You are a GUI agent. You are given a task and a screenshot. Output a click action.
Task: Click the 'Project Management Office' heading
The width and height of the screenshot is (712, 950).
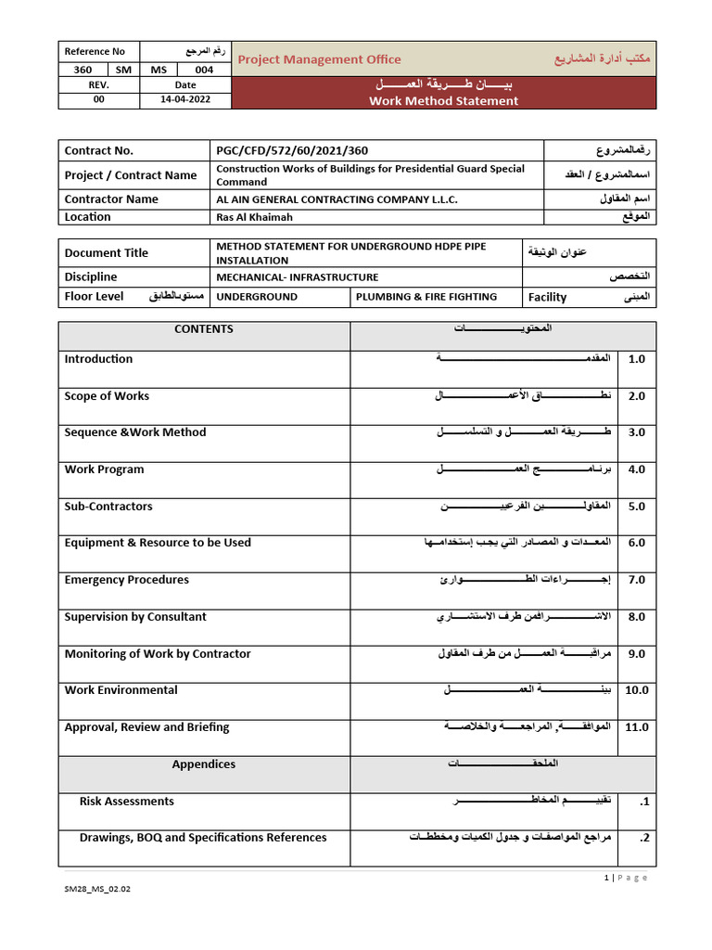coord(320,59)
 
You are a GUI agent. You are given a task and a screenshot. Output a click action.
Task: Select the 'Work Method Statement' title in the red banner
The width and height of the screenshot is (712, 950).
coord(443,101)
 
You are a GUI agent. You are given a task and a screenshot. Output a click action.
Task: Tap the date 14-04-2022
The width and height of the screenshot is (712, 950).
coord(185,100)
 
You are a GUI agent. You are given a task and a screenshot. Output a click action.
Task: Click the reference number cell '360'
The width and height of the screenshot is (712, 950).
coord(83,70)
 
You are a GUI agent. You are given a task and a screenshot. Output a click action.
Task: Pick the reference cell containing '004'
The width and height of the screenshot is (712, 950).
coord(204,70)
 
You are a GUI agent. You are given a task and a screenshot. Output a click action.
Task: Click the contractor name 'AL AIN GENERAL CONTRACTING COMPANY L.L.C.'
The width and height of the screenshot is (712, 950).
coord(337,199)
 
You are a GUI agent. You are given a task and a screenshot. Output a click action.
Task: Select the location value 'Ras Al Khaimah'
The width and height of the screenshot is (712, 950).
coord(255,217)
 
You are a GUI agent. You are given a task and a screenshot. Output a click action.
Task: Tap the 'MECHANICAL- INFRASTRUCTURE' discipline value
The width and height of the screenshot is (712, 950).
coord(298,276)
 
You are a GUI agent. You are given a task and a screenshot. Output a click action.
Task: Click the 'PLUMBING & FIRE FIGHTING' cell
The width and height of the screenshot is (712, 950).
coord(425,297)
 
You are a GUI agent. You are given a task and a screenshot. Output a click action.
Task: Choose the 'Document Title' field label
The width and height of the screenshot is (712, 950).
coord(106,252)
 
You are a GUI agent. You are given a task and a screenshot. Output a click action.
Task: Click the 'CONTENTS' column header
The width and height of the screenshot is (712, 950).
coord(204,329)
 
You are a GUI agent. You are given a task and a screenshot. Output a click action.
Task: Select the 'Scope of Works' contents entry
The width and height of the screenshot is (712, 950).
coord(107,396)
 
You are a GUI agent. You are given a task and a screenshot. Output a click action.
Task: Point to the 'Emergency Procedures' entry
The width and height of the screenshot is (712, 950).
coord(126,580)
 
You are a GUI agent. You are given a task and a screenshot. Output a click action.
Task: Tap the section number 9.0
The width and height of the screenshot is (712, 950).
coord(636,654)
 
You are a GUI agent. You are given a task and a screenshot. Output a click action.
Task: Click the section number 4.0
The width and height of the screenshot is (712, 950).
coord(636,469)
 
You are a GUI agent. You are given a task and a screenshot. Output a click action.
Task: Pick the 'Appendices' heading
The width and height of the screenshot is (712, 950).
coord(204,764)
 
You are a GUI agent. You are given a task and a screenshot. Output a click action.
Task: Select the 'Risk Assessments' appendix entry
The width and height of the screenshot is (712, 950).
coord(126,802)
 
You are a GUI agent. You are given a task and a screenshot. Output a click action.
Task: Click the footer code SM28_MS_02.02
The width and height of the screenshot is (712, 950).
coord(97,915)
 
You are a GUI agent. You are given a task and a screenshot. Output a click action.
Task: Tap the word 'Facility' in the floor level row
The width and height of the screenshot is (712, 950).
coord(547,298)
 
